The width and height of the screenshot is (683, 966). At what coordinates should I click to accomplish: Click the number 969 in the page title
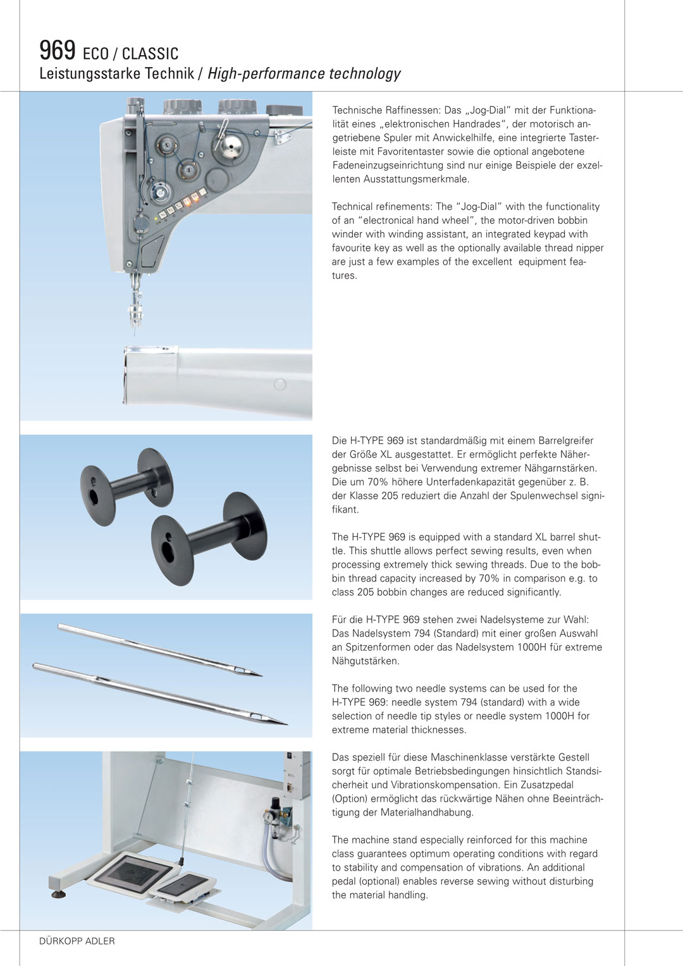(x=57, y=50)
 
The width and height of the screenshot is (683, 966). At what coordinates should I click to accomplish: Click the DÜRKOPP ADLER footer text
(x=77, y=941)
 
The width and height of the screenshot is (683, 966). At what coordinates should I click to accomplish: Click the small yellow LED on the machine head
(x=156, y=219)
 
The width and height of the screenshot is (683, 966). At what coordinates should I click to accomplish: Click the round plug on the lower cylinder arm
(x=280, y=384)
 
